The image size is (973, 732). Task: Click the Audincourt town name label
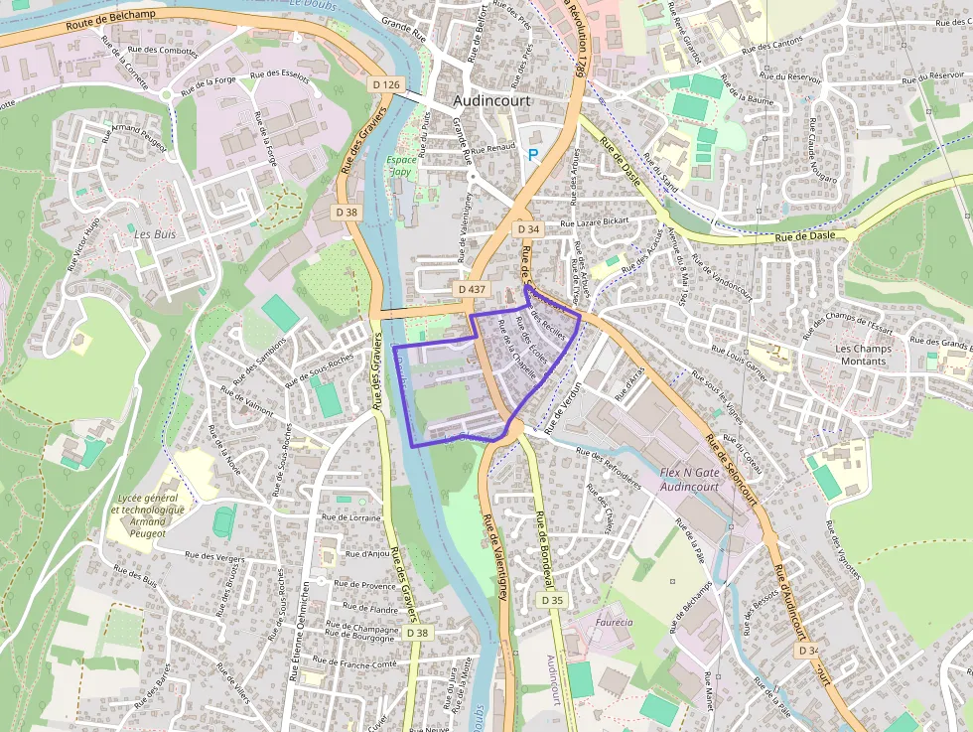tap(491, 101)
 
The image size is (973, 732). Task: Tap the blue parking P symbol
tap(533, 155)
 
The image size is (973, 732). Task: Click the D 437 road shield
tap(473, 288)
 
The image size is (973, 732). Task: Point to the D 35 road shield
tap(552, 600)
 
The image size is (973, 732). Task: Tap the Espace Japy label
tap(402, 165)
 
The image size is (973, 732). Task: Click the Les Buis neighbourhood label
tap(154, 236)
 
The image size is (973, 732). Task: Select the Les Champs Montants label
tap(862, 355)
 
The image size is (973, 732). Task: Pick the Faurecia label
tap(614, 623)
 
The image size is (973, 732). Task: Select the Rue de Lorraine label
tap(352, 517)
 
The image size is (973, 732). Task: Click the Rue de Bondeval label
tap(544, 549)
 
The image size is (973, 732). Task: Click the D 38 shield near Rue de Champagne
tap(420, 633)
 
